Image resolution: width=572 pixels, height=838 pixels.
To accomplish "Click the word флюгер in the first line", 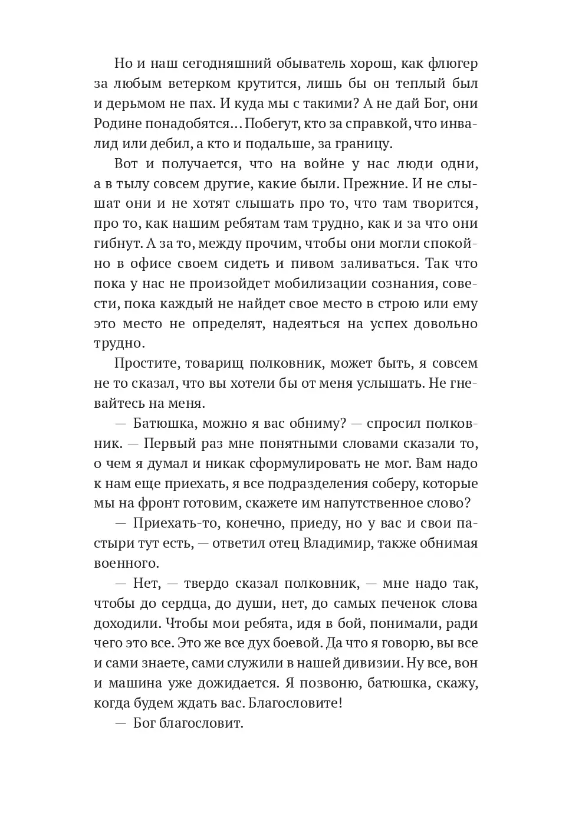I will point(450,63).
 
